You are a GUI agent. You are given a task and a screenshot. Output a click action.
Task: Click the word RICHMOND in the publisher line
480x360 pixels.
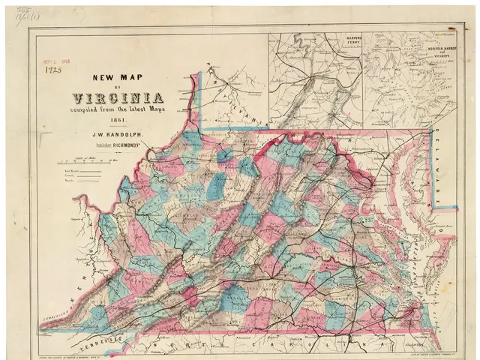click(143, 148)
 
